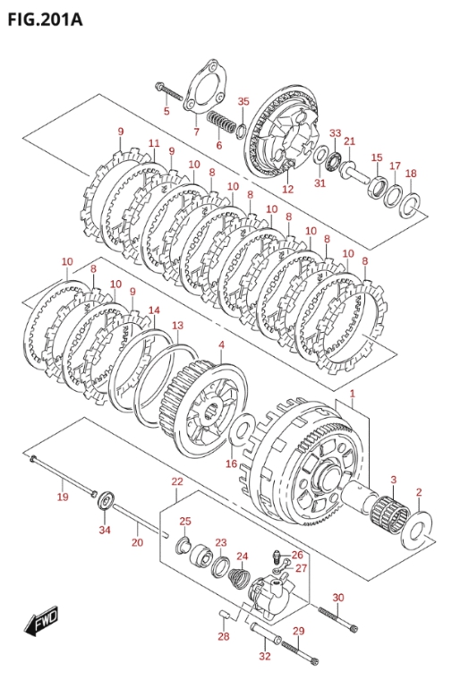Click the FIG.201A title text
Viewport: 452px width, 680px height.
coord(45,20)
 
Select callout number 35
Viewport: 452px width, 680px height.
coord(243,101)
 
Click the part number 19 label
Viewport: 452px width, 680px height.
coord(63,497)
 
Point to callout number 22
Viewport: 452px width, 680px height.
coord(177,481)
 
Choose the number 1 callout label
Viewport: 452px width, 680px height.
coord(353,394)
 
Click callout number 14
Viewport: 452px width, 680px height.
coord(154,310)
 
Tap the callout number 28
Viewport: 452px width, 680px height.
coord(224,637)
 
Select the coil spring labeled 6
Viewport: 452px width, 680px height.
coord(221,122)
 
